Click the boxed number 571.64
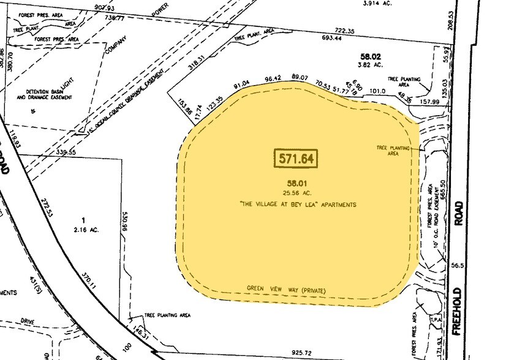pos(297,158)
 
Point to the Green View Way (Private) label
pos(285,288)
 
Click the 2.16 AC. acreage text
pos(86,230)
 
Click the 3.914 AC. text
pos(376,3)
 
